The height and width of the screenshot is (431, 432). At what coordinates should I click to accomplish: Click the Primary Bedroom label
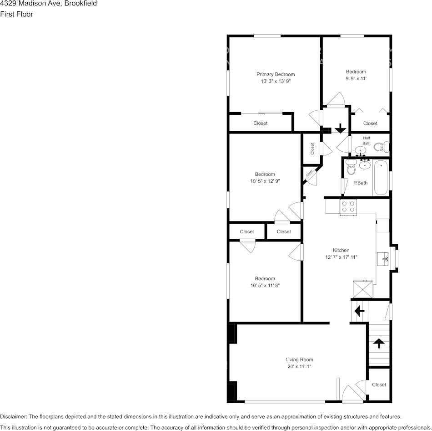point(275,74)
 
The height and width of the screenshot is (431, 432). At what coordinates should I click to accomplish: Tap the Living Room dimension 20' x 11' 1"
point(299,366)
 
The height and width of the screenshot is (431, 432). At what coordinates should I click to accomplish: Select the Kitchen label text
point(341,250)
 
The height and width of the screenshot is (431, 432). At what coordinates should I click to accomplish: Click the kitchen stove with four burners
point(348,207)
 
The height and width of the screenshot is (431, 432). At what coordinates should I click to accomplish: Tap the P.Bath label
point(360,183)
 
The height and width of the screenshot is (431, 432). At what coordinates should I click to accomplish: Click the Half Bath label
point(367,140)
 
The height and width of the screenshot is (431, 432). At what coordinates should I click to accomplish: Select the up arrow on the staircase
point(378,343)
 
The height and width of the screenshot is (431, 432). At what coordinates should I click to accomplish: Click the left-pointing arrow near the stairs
point(359,311)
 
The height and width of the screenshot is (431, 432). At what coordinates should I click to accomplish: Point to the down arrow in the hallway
point(340,129)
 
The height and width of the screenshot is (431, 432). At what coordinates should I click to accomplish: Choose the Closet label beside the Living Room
point(379,385)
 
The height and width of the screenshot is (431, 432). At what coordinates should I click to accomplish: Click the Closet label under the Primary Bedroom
point(260,123)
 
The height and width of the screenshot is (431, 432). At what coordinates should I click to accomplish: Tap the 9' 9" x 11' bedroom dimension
point(356,78)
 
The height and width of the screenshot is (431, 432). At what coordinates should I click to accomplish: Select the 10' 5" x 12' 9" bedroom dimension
point(265,181)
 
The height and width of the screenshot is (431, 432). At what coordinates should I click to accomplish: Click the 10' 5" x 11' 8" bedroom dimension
point(265,285)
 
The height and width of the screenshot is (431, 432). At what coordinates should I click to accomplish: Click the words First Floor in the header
point(16,14)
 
